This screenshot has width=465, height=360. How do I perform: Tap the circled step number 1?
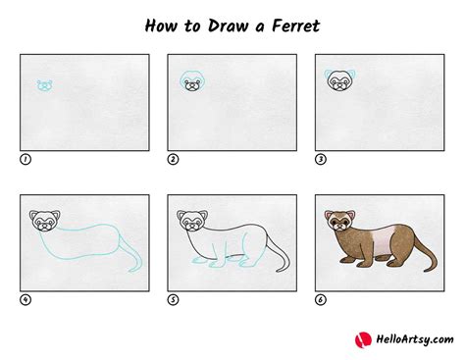tap(25, 157)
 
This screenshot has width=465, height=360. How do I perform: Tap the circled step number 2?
tap(173, 157)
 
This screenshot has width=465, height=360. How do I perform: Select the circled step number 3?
tap(320, 157)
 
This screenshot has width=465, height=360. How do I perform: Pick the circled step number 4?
tap(25, 299)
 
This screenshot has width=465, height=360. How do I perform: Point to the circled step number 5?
tap(173, 299)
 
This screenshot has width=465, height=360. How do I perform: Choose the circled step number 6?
tap(320, 299)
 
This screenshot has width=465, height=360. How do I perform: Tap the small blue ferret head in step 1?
tap(44, 85)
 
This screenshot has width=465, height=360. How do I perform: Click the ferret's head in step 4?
tap(44, 223)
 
